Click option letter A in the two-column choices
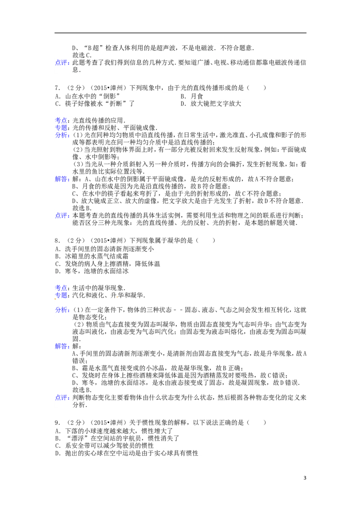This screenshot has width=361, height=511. click(57, 97)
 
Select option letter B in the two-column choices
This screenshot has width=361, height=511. click(184, 97)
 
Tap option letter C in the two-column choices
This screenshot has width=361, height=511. click(57, 104)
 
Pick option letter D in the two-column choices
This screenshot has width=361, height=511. click(184, 104)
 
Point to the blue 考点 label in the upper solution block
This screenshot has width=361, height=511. click(62, 120)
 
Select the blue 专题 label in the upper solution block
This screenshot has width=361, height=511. click(62, 127)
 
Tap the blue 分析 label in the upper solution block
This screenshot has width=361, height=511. click(62, 136)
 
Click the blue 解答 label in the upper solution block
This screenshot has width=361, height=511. click(62, 179)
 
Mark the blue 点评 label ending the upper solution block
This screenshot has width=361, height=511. click(62, 216)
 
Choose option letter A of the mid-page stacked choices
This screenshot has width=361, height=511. click(57, 249)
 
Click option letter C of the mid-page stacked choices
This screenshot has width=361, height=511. click(57, 264)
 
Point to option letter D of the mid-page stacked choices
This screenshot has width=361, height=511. click(57, 272)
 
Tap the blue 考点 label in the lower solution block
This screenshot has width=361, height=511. click(62, 288)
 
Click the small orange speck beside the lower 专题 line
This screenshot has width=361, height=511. click(117, 298)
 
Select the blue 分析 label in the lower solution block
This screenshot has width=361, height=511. click(62, 311)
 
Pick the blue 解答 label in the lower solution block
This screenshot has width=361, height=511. click(62, 347)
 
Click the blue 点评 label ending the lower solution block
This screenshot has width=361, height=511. click(62, 398)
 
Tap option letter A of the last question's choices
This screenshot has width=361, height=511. click(57, 430)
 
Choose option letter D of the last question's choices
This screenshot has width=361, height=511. click(57, 452)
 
